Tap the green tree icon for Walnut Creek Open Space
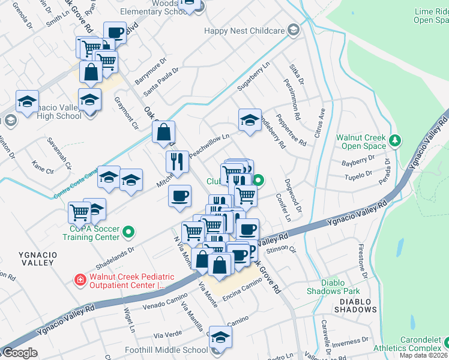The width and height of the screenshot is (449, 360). (395, 140)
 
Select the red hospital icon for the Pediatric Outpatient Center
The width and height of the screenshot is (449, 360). (79, 279)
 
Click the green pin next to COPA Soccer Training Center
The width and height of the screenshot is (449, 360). (128, 231)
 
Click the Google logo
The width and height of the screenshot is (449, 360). (19, 353)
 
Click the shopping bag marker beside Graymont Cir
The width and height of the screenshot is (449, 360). (163, 133)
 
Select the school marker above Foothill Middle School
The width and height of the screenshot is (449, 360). (220, 338)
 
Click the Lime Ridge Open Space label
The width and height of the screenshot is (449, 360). (431, 16)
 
